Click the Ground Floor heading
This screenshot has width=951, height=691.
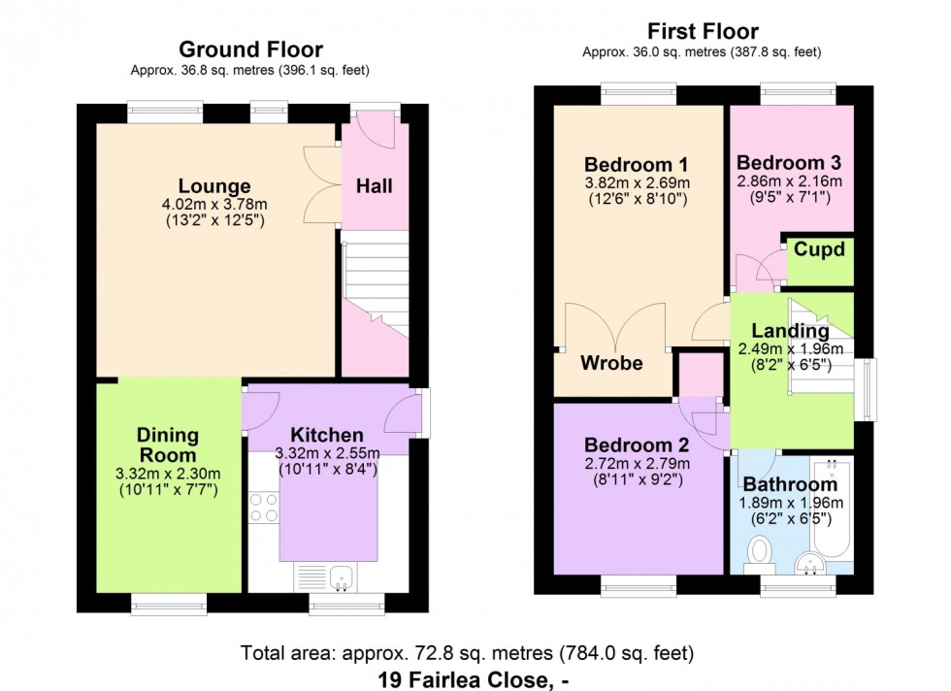click(x=250, y=49)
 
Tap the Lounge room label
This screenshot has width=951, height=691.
click(x=214, y=186)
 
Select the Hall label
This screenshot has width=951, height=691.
click(x=375, y=185)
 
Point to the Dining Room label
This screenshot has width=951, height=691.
click(x=167, y=444)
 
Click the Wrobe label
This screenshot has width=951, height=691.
click(x=611, y=363)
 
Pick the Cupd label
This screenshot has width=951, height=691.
click(x=820, y=250)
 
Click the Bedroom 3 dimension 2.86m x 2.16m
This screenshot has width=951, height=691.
click(x=788, y=181)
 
